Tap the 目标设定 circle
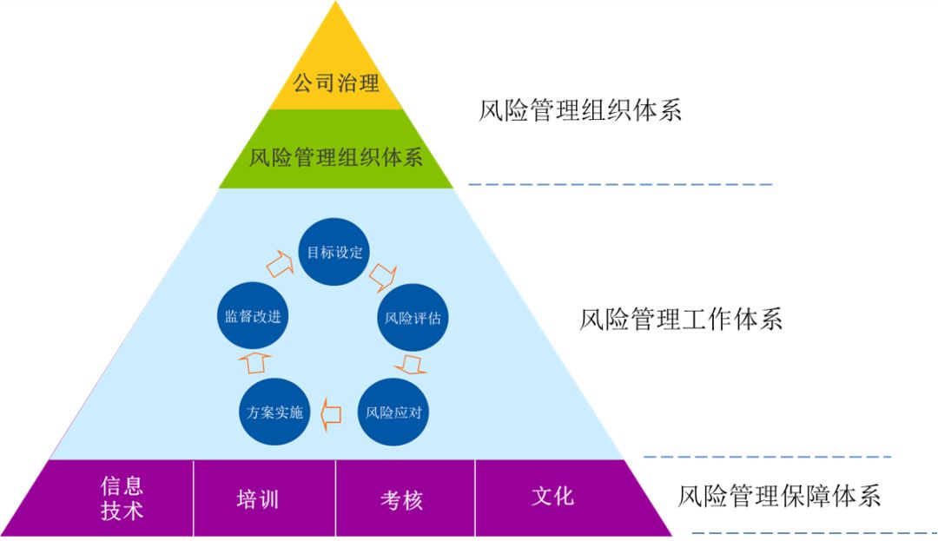coord(334,253)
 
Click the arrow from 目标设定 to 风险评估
coord(382,278)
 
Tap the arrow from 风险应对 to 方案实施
coord(331,412)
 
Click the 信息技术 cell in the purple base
coord(122,498)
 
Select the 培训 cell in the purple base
coord(258,498)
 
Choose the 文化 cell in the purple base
coord(552,497)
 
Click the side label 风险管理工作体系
coord(680,320)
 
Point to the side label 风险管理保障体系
coord(779,497)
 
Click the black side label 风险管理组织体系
coord(580,111)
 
